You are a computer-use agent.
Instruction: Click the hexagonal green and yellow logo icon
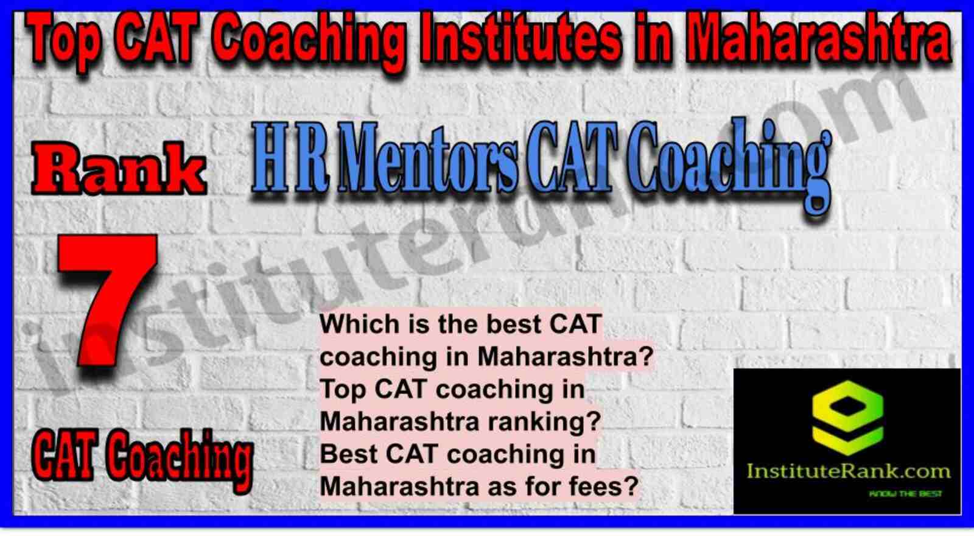tap(848, 418)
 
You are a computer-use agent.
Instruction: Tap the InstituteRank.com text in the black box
tap(848, 471)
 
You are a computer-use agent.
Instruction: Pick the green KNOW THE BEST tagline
tap(905, 494)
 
